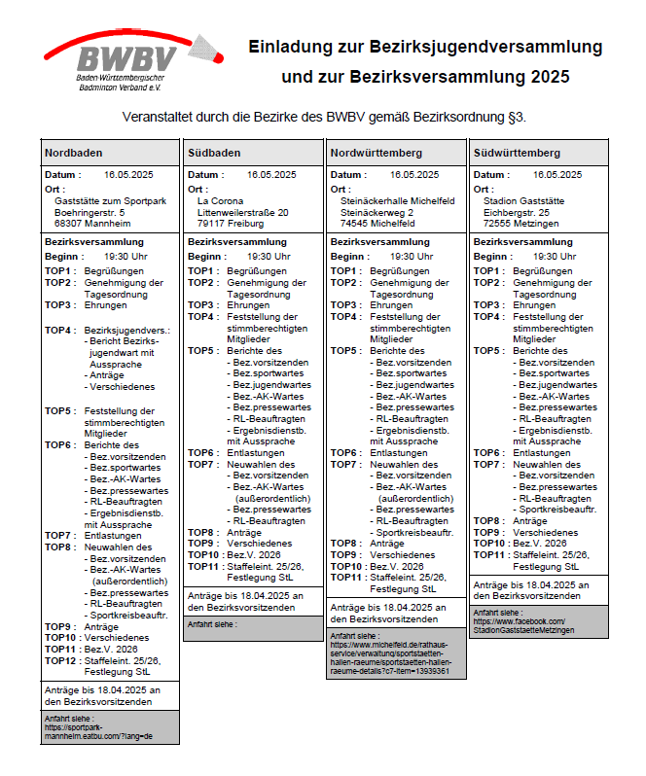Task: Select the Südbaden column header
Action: pos(214,154)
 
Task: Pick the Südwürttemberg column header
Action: pos(517,154)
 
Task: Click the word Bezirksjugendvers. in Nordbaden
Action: pos(127,331)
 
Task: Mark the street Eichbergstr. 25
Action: pos(517,212)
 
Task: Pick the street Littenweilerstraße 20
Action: pos(242,212)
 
